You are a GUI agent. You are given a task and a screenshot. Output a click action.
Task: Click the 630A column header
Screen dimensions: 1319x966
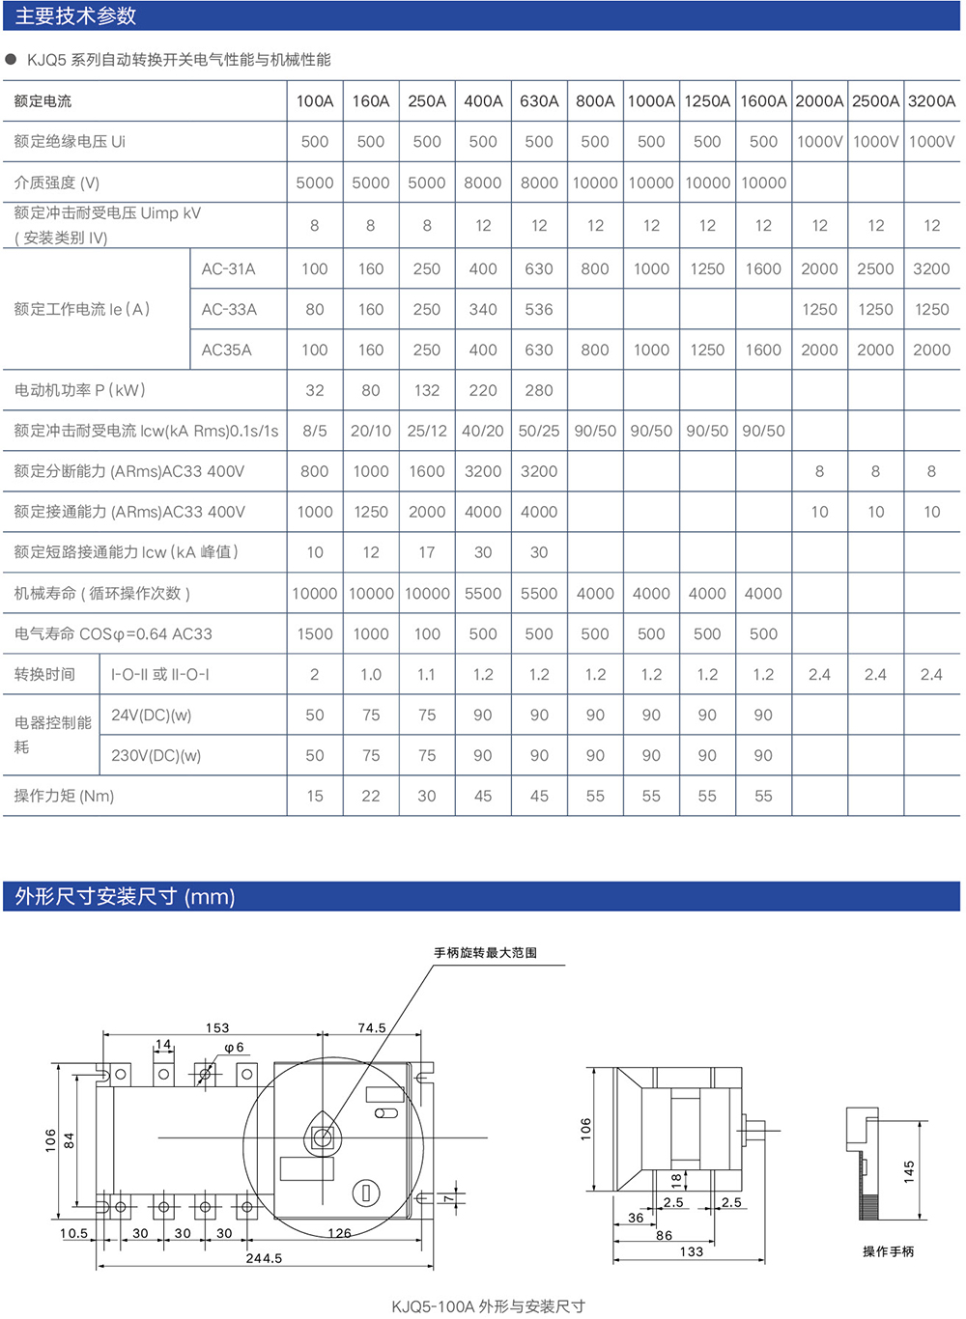point(539,101)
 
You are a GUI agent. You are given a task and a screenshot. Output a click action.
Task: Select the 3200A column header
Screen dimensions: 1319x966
point(931,101)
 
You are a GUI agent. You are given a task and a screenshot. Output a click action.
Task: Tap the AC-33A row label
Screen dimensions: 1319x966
point(229,310)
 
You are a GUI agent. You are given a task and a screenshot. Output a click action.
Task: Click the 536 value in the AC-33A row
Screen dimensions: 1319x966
point(539,310)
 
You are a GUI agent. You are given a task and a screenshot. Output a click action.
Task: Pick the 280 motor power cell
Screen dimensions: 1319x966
point(539,391)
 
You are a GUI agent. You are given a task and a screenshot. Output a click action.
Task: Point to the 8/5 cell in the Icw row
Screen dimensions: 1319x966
point(315,432)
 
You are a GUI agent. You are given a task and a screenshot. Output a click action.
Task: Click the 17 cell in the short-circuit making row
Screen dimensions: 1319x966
point(427,553)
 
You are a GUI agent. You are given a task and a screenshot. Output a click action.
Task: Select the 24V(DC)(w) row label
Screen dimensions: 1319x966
point(152,716)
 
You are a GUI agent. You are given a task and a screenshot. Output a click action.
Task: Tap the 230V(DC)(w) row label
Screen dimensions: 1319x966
point(156,756)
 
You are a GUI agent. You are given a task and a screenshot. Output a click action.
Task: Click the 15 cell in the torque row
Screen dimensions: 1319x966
point(315,797)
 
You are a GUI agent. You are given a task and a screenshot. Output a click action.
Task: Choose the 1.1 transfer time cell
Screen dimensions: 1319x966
point(427,675)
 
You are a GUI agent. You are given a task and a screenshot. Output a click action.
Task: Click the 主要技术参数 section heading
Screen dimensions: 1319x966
point(76,16)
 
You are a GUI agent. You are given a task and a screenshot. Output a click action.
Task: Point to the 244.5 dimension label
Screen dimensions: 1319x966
point(264,1258)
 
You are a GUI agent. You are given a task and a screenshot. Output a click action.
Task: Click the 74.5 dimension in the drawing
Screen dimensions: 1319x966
point(372,1028)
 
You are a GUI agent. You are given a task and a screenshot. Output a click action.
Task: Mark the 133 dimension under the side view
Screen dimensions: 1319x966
point(692,1251)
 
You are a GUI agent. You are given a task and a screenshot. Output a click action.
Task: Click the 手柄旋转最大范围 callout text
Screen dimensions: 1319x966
point(486,953)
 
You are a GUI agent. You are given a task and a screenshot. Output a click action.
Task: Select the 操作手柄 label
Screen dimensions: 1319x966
point(888,1251)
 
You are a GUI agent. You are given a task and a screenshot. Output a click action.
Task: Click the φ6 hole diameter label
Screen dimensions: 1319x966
point(234,1048)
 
